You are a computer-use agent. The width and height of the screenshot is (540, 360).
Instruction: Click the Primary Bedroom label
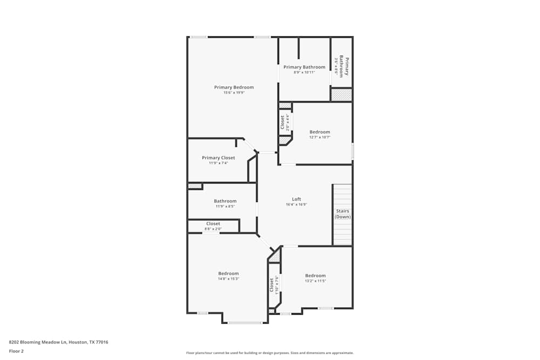(234, 87)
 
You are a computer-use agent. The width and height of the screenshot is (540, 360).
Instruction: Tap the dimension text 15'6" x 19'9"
(234, 93)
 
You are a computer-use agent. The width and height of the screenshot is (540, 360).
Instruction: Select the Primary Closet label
(218, 158)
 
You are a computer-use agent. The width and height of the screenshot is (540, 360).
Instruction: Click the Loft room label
(296, 199)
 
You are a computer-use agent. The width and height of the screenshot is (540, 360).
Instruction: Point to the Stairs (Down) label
(342, 214)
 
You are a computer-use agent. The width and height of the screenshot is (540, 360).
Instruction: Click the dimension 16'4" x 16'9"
(296, 205)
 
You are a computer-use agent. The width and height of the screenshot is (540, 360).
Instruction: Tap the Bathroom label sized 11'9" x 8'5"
(225, 201)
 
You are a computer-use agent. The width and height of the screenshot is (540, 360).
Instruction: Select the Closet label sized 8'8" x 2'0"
(213, 224)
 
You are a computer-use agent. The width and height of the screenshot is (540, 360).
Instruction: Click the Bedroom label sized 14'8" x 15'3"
(228, 274)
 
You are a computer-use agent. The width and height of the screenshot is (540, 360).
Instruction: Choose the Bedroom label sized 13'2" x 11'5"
(315, 276)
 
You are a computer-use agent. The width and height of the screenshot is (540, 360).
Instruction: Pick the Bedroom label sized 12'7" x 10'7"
(320, 132)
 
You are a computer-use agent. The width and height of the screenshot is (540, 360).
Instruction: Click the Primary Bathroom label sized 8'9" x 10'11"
(305, 67)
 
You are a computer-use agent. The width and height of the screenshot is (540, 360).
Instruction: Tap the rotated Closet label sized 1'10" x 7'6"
(272, 284)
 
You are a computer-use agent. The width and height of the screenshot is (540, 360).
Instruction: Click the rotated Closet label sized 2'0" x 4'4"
(282, 123)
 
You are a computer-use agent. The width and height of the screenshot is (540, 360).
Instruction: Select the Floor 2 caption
(17, 351)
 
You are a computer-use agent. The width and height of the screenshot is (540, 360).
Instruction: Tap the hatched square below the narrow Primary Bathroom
(341, 95)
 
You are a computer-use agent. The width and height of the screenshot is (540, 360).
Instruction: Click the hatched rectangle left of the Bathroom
(194, 186)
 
